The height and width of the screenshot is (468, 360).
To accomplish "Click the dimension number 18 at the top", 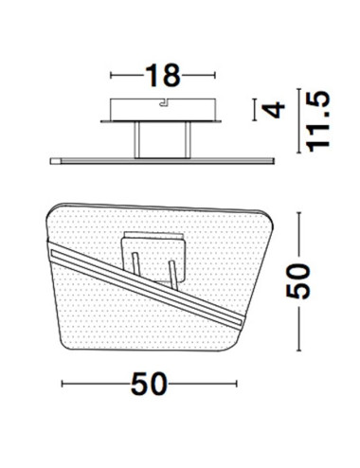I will (161, 73).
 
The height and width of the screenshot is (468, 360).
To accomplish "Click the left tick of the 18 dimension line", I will (111, 75).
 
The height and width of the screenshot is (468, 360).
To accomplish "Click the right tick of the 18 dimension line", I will (211, 75).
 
